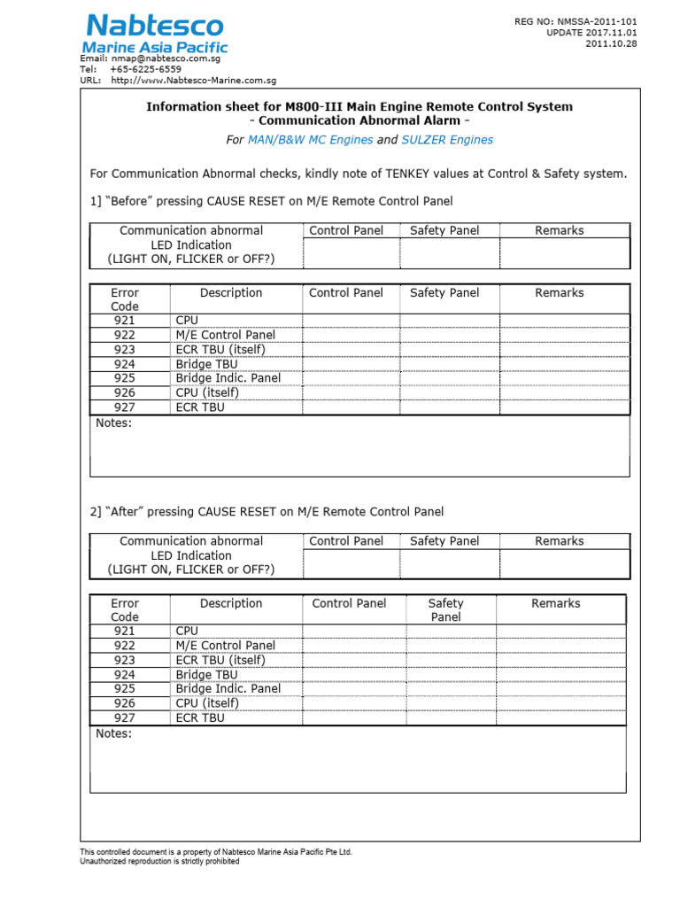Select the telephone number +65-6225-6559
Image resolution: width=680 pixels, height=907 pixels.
(x=145, y=69)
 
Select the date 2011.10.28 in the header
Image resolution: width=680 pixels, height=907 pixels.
(x=611, y=44)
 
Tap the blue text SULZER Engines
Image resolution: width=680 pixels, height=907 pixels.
(x=447, y=140)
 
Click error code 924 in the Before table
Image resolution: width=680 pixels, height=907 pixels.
(x=125, y=364)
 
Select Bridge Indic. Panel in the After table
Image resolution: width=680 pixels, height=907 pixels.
(x=228, y=688)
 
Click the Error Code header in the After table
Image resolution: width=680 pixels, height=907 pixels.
(x=125, y=609)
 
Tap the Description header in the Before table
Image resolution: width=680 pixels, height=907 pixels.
(x=231, y=292)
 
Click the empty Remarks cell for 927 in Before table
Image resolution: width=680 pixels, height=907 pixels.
(x=564, y=407)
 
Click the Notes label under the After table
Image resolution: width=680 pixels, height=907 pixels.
(x=113, y=733)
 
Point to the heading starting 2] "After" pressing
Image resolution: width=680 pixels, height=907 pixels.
(x=267, y=512)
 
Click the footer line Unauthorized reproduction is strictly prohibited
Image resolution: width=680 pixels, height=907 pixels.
(x=159, y=861)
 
